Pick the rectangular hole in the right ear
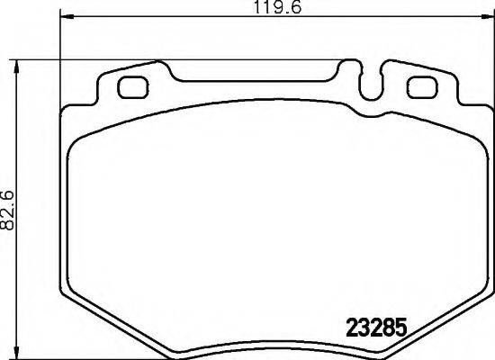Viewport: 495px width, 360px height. (420, 87)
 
